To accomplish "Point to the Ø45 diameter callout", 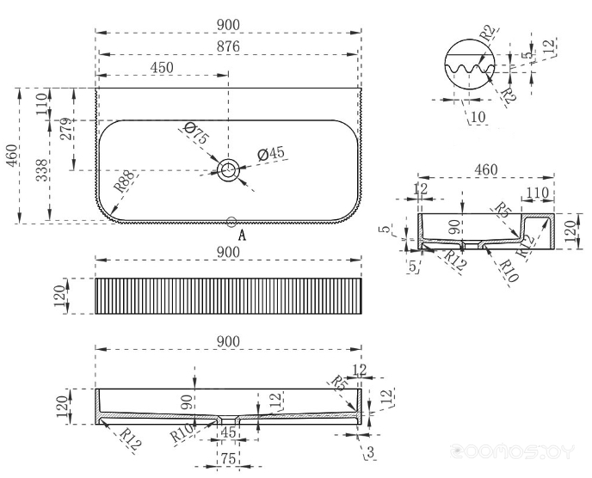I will point(271,154).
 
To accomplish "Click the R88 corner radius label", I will point(124,182).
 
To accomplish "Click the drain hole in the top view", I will point(229,170).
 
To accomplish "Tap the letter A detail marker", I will point(242,234).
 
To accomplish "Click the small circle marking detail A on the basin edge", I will point(231,222).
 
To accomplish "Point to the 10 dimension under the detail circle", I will point(478,115).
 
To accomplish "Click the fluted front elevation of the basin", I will point(227,297).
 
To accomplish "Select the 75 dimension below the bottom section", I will point(228,460).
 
